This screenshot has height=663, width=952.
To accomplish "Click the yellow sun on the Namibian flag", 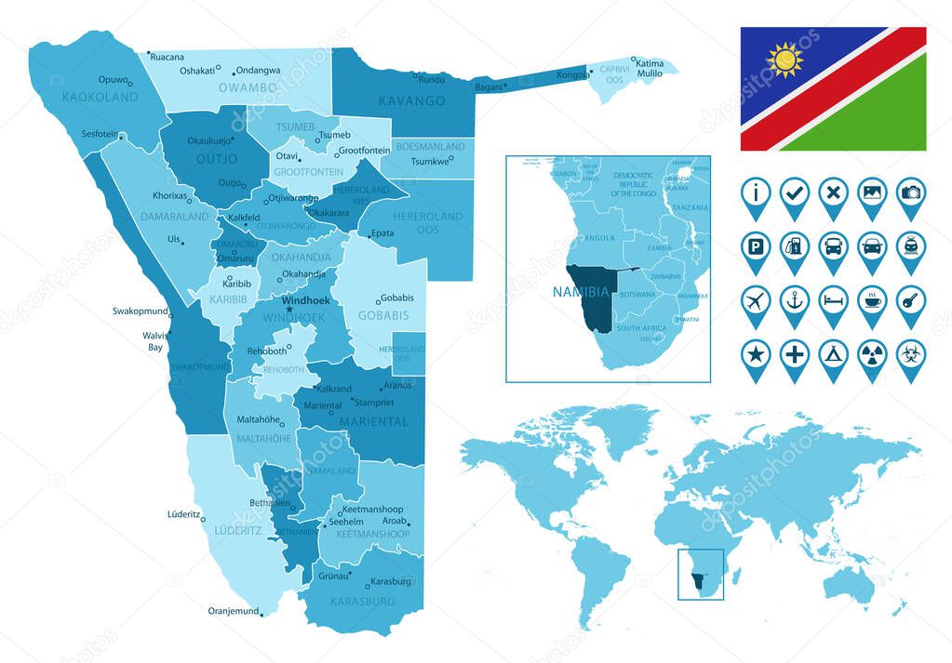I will [x=784, y=60].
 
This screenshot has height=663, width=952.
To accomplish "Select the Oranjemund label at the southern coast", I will [x=232, y=611].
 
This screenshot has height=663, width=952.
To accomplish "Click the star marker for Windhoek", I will [x=288, y=310].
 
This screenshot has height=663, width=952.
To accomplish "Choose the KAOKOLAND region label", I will [x=100, y=97].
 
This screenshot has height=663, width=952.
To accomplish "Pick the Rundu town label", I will [x=431, y=79].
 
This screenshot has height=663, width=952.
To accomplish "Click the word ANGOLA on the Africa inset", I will [x=598, y=238].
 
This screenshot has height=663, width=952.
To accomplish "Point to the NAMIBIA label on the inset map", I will [x=581, y=291].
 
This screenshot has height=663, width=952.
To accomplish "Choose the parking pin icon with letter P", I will [x=756, y=248].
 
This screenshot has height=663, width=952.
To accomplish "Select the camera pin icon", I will [x=910, y=194].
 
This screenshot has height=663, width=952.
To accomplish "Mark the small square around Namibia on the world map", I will [x=702, y=575].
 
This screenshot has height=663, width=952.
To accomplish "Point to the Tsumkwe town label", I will [x=429, y=160].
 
